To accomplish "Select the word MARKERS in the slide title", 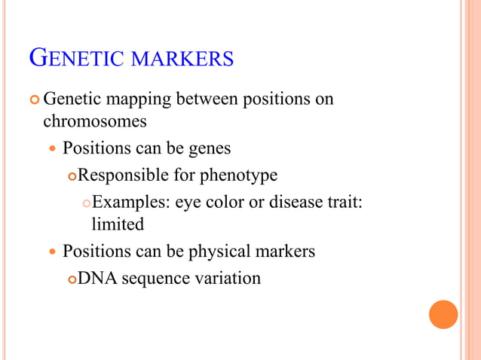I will pos(182,59).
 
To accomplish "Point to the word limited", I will pos(117,224).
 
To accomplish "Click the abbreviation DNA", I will pos(97,279).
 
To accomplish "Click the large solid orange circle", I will pos(443,314).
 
